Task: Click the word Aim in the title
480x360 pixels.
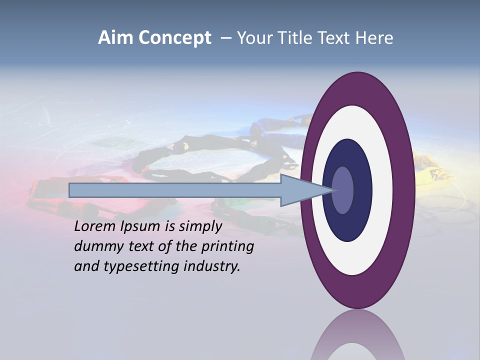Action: [116, 38]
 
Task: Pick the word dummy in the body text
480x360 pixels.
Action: [95, 246]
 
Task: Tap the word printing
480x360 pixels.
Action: [227, 247]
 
